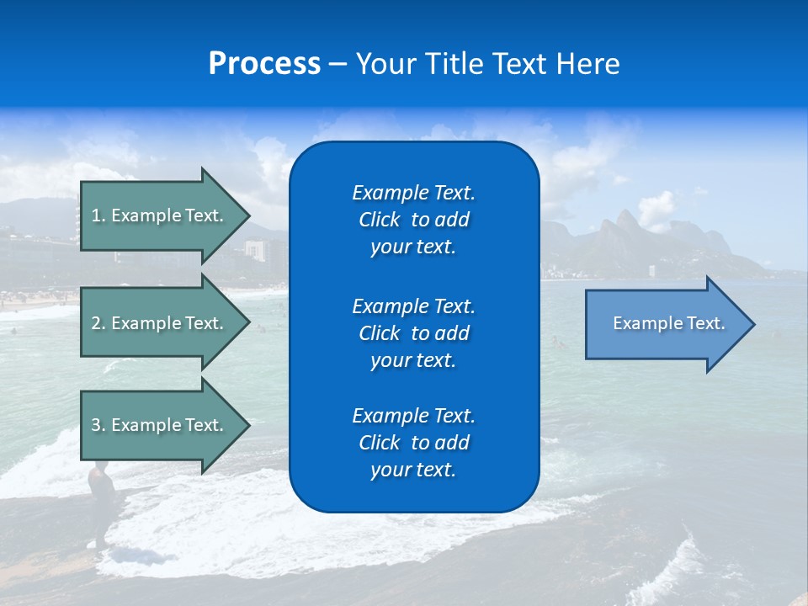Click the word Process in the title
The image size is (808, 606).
264,64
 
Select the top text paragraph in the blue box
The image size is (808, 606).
413,220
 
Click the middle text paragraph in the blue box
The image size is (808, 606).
413,333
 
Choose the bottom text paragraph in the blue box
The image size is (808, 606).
413,443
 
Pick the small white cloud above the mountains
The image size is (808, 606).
656,206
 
